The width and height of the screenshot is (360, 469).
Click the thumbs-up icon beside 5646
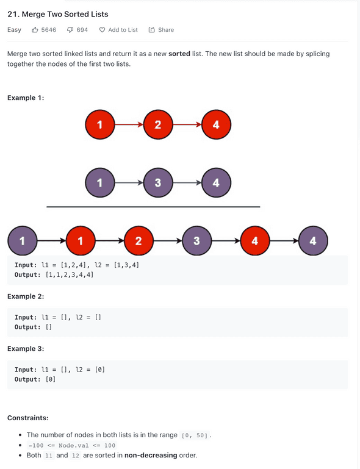point(35,30)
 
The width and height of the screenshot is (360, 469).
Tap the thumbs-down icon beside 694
point(70,30)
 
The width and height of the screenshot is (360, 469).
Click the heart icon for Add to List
point(102,30)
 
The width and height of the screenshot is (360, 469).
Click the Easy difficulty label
point(15,30)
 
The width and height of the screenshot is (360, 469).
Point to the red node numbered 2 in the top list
point(158,124)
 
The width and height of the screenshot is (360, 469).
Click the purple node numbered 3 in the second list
point(158,182)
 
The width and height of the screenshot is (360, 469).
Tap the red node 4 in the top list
point(216,124)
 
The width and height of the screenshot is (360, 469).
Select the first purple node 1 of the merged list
point(22,241)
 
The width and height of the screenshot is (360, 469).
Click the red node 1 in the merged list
point(81,241)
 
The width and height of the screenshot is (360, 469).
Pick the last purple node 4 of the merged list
point(313,241)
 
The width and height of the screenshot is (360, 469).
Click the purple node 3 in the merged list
point(196,241)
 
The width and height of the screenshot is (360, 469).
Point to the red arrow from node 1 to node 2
point(129,124)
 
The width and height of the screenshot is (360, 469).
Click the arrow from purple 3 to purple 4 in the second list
point(187,182)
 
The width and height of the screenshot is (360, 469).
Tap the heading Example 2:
point(26,296)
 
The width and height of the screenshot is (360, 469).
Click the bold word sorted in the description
point(179,54)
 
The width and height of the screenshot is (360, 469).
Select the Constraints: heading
point(28,418)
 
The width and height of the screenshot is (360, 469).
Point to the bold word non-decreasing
point(151,455)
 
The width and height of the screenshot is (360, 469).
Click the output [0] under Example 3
point(50,379)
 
